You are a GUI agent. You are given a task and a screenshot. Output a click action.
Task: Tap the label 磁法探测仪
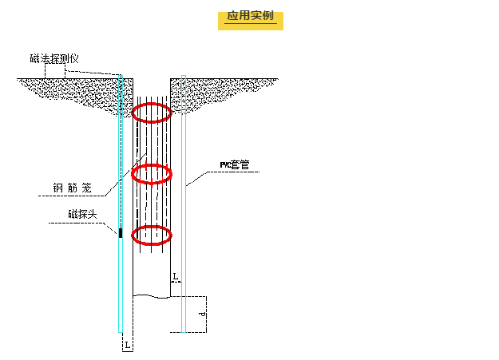[x=54, y=58]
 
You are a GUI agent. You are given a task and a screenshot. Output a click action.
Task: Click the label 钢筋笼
[x=73, y=188]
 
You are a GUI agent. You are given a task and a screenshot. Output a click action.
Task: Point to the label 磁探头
[x=82, y=214]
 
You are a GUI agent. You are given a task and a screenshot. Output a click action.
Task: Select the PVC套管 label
[x=235, y=165]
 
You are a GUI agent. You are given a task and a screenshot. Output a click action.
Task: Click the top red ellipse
[x=151, y=113]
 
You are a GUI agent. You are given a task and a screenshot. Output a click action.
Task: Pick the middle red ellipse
[x=151, y=173]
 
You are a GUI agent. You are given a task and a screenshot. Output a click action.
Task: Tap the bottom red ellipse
[x=151, y=235]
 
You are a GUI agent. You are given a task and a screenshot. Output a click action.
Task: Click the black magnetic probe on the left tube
[x=120, y=232]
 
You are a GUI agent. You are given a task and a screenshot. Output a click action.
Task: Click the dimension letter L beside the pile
[x=176, y=276]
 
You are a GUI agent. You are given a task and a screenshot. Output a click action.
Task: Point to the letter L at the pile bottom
[x=126, y=344]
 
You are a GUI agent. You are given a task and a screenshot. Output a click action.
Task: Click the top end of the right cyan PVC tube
[x=184, y=77]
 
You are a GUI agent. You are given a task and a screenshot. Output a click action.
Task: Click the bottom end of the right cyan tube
[x=184, y=330]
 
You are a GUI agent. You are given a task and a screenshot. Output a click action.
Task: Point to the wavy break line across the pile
[x=151, y=296]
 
